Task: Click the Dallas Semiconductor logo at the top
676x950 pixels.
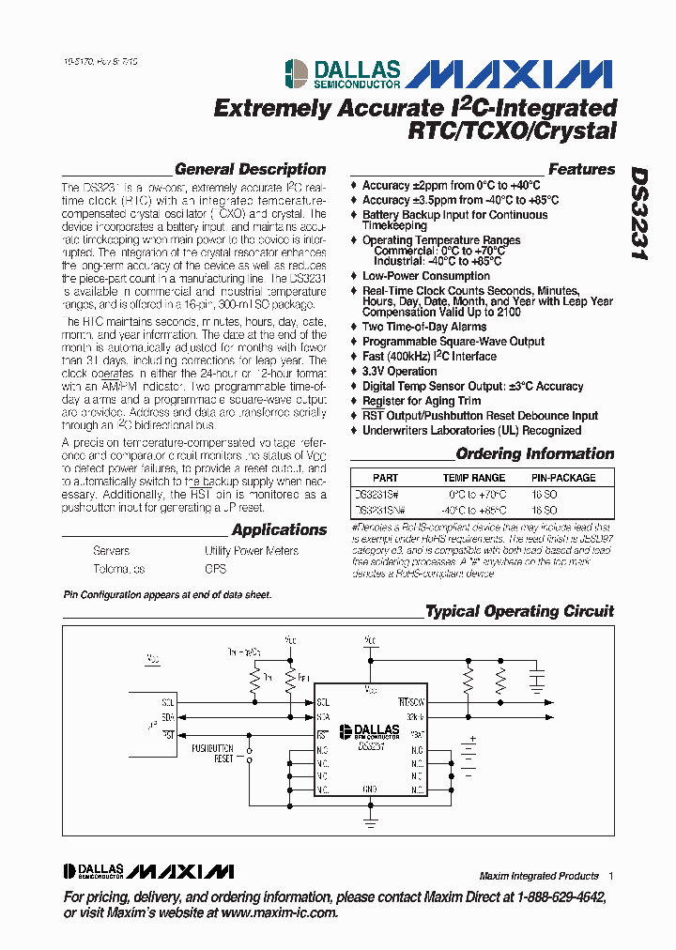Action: point(344,73)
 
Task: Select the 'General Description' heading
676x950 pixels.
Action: point(250,170)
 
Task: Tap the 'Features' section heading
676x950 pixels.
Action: point(581,170)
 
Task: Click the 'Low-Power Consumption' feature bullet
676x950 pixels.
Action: point(425,276)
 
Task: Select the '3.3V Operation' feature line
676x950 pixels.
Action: point(399,371)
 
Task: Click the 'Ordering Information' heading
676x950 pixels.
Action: point(534,454)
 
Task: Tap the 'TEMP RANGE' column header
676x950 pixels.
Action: point(473,478)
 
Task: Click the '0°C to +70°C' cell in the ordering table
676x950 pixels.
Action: point(476,494)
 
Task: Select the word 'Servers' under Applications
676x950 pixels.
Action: point(111,551)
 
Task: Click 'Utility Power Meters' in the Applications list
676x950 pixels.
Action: point(251,551)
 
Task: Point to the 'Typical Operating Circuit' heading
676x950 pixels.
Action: point(519,611)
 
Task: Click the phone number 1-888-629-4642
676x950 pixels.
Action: point(552,897)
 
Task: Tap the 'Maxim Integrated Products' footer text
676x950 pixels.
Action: point(538,876)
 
